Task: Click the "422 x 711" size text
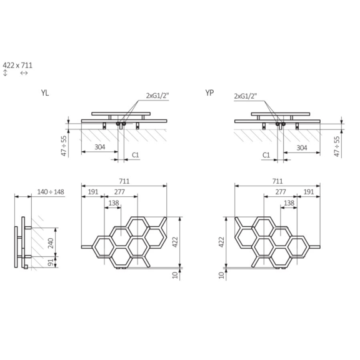pos(17,64)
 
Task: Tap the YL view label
pos(45,93)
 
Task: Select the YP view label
pos(210,93)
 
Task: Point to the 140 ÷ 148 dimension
pos(51,191)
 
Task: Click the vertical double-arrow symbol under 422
pos(6,74)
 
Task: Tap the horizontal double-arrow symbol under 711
pos(24,74)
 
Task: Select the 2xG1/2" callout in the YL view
pos(157,96)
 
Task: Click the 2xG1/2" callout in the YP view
pos(245,96)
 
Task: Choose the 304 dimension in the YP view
pos(301,148)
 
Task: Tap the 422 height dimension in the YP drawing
pos(222,242)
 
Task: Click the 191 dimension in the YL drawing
pos(93,191)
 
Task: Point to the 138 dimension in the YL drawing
pos(114,202)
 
